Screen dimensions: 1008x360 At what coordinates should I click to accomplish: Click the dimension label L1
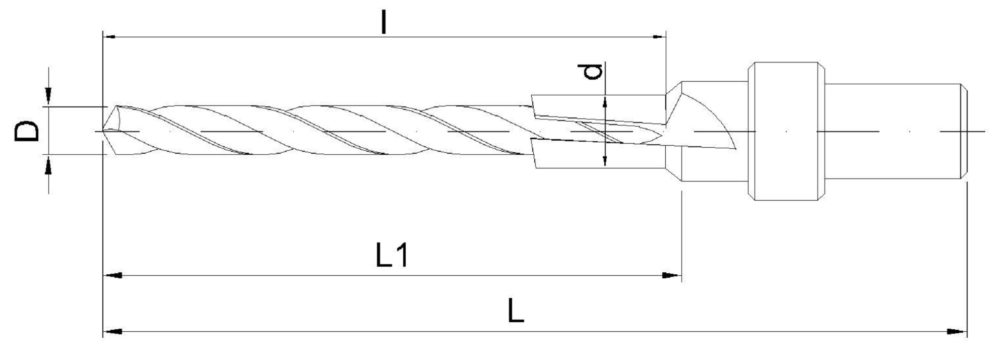click(x=392, y=256)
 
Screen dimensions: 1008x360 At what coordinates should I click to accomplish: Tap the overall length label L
click(x=516, y=311)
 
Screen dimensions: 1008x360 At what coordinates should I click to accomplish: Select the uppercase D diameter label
click(x=27, y=131)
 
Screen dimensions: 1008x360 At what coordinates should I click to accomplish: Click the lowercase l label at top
click(x=384, y=22)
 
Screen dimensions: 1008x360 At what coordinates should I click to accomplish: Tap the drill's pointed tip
click(x=103, y=131)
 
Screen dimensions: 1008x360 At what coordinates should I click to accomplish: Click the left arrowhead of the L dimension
click(x=112, y=332)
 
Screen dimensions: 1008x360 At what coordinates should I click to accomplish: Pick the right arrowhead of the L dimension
click(x=957, y=332)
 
